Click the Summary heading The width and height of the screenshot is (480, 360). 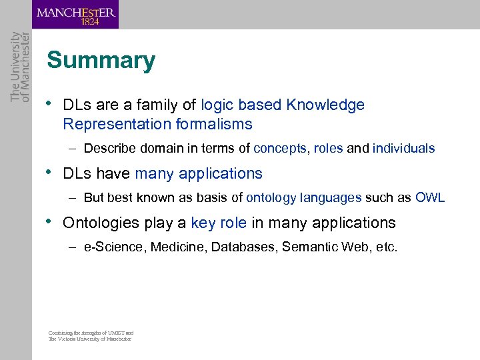point(101,61)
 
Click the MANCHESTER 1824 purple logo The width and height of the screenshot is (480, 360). point(75,14)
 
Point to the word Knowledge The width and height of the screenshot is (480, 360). point(325,105)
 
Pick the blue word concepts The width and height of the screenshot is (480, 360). point(280,149)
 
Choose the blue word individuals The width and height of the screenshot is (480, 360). point(403,149)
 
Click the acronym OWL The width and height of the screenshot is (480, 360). point(430,198)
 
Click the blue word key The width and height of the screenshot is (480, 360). point(202,223)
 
